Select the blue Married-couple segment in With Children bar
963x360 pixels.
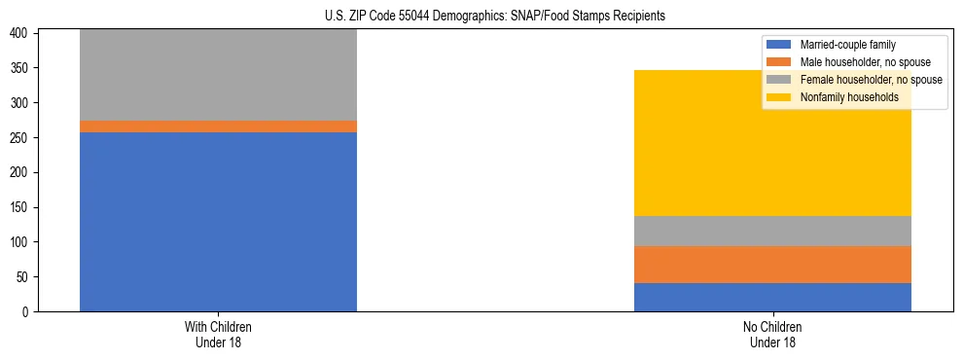(x=218, y=222)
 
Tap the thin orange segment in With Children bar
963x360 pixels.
(x=218, y=126)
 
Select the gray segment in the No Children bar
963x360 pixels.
(x=772, y=231)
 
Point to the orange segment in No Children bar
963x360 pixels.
(x=772, y=265)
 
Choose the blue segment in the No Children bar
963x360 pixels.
(x=772, y=297)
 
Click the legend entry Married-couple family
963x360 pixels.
(x=847, y=45)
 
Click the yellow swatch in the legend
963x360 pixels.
(x=779, y=97)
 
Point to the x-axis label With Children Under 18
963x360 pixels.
(x=218, y=334)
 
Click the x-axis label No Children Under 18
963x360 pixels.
(x=772, y=334)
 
